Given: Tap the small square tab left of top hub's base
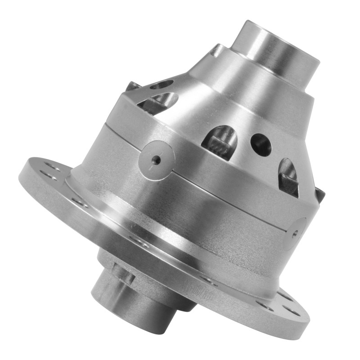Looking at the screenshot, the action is pyautogui.click(x=216, y=50).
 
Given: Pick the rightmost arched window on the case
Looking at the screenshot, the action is pyautogui.click(x=288, y=177).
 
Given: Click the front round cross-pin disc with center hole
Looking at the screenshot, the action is pyautogui.click(x=156, y=160).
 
